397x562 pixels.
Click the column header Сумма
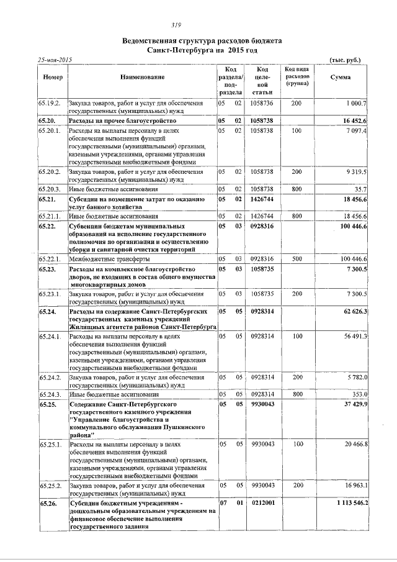(x=340, y=77)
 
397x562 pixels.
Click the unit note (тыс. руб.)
(x=344, y=60)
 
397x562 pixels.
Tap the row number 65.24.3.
(x=49, y=394)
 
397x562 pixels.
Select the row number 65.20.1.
(x=49, y=131)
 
